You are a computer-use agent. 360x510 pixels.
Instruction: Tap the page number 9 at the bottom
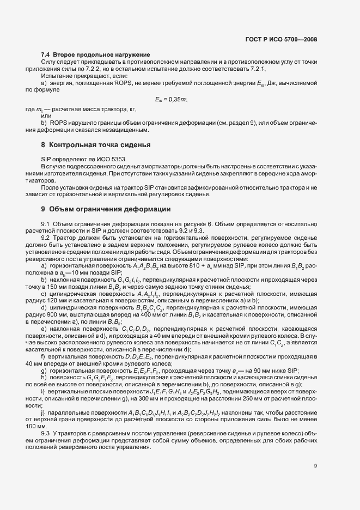(315, 465)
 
